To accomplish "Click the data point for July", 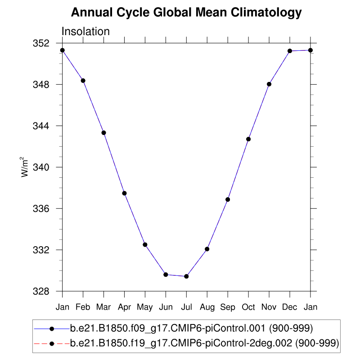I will [186, 276].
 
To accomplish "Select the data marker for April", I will [124, 193].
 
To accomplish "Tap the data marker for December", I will [290, 51].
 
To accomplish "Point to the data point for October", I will [248, 139].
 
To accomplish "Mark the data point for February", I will [83, 81].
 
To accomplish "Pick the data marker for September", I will [228, 199].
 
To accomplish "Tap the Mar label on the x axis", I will [103, 307].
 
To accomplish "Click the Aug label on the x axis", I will [207, 307].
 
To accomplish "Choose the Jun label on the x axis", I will [166, 307].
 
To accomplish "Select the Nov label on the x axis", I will [269, 307].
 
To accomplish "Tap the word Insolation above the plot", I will [85, 31].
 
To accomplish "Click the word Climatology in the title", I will [266, 13].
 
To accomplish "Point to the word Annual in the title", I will [90, 13].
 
